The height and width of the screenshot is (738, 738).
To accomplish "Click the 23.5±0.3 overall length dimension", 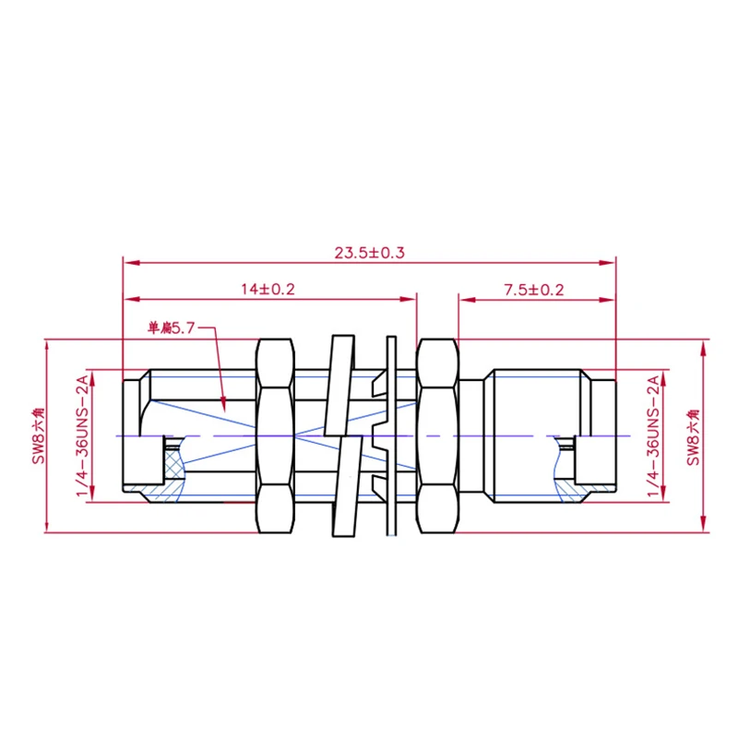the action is (370, 253).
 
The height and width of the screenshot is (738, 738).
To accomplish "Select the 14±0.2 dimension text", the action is (268, 289).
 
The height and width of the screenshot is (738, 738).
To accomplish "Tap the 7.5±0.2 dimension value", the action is (534, 290).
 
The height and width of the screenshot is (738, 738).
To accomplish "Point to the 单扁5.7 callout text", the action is (171, 327).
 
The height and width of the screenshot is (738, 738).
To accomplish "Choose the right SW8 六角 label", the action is (693, 437).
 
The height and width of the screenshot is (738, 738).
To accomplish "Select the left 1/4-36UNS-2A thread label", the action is (82, 435).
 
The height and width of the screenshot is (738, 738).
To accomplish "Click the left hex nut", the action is (275, 435).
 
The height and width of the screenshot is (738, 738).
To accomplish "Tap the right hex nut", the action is (437, 435).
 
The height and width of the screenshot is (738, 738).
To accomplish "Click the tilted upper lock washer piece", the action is (339, 385).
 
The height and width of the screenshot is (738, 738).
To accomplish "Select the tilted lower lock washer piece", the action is (348, 486).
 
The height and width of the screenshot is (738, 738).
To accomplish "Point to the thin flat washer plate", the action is (391, 435).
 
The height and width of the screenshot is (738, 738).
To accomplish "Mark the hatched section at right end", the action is (570, 480).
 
